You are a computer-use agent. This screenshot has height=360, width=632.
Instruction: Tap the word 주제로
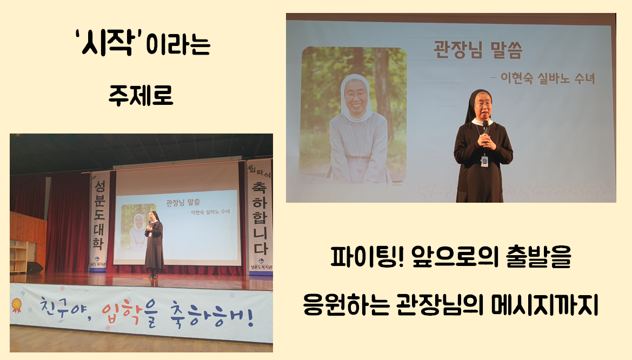141,95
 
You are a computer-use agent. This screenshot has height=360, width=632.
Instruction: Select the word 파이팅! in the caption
367,257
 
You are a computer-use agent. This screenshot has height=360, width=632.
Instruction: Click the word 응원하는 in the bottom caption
346,305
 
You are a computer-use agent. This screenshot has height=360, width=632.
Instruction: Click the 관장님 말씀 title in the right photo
478,50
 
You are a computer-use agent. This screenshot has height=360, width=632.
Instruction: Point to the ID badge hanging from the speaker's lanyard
484,161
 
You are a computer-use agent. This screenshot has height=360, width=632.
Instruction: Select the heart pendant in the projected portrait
360,170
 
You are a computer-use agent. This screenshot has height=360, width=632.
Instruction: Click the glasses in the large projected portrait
356,96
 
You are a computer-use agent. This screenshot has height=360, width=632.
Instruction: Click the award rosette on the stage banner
16,305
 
